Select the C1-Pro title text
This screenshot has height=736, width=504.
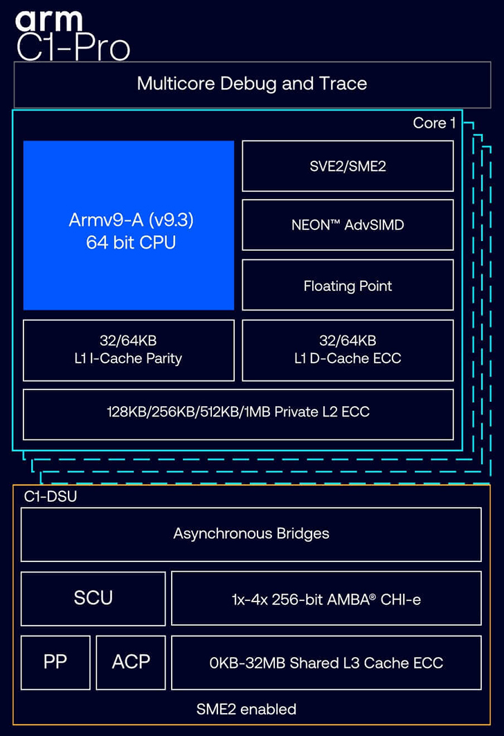73,47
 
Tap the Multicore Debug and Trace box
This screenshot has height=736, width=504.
251,85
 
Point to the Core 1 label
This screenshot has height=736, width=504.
434,123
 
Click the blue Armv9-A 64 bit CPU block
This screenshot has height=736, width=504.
129,225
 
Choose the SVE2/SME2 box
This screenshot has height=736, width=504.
348,166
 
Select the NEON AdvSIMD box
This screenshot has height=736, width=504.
348,225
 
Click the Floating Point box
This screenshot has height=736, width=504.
348,286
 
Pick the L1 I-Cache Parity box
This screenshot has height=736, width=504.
129,350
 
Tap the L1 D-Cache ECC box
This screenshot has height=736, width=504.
348,350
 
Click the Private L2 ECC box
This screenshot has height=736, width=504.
238,412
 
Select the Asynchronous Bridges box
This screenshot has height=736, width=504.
251,534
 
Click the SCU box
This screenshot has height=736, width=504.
93,597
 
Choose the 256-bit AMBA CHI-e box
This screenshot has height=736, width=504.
325,598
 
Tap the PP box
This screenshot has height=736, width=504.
55,662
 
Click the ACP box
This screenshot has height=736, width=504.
131,662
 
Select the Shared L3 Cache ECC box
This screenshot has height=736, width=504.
325,663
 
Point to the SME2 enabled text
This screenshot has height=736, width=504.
246,709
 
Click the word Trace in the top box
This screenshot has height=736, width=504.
343,85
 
